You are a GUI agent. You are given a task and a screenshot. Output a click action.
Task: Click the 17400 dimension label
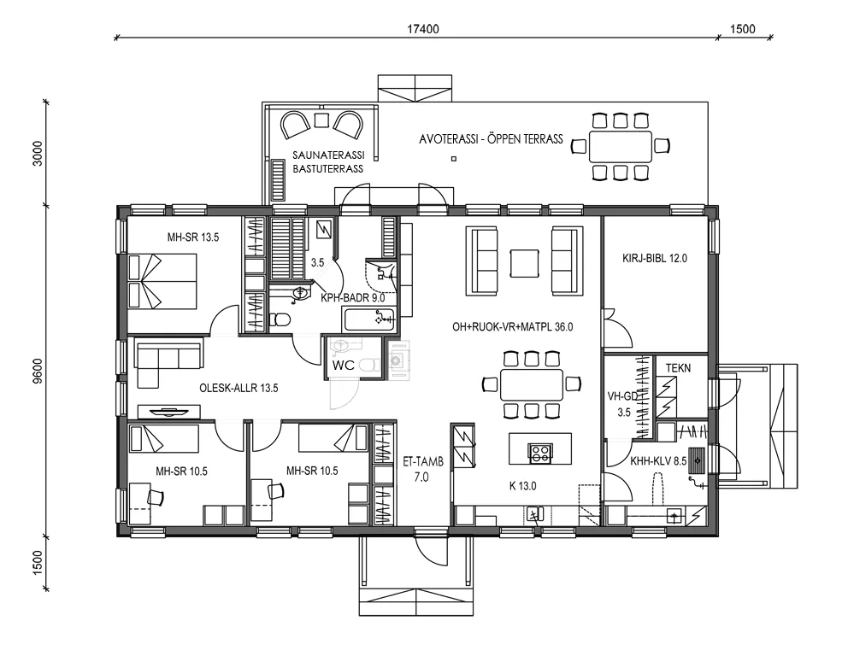[423, 28]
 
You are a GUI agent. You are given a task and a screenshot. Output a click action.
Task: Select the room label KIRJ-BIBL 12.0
[655, 257]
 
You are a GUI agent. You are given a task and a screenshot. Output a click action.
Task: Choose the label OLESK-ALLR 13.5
[238, 388]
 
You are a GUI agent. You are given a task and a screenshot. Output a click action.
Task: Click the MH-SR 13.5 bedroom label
[193, 238]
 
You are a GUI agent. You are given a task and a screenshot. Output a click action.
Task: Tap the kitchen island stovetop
[540, 453]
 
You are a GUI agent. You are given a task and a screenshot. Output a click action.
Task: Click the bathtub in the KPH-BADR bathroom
[369, 320]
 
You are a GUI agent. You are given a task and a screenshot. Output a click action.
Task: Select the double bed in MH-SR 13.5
[162, 281]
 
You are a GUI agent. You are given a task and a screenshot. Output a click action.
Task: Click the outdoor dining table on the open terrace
[621, 145]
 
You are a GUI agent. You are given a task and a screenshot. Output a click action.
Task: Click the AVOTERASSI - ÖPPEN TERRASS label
[491, 139]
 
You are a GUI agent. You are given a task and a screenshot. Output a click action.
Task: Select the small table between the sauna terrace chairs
[321, 120]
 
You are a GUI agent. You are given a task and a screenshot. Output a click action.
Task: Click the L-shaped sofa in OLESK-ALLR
[162, 363]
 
